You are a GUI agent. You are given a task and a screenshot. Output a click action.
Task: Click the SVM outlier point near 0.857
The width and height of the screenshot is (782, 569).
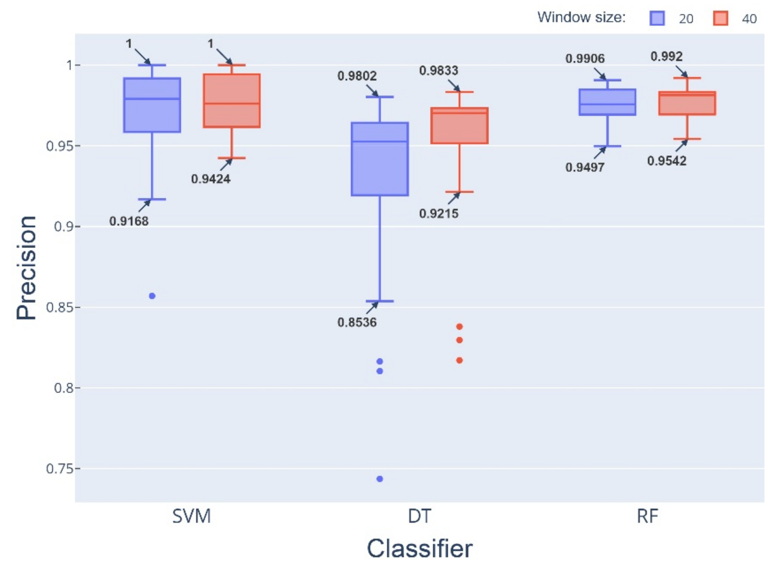click(152, 296)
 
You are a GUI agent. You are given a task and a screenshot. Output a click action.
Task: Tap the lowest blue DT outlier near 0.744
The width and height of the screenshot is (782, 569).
click(380, 479)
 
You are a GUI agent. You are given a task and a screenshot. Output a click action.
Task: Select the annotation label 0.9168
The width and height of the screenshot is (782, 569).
click(129, 221)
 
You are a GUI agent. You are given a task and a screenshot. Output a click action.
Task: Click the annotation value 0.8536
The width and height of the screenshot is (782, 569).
click(357, 322)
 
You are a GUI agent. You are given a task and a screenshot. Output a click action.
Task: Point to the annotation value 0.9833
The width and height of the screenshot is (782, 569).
click(439, 71)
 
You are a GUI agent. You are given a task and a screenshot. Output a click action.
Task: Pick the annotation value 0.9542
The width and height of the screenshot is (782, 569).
click(666, 161)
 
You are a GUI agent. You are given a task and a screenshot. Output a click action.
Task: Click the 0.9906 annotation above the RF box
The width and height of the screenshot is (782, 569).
click(585, 59)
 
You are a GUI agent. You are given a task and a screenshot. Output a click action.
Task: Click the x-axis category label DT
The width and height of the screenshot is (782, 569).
click(419, 517)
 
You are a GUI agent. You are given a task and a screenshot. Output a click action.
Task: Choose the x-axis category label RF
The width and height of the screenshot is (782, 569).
click(647, 517)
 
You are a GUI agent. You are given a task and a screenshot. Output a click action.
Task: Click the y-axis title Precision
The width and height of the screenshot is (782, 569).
click(27, 268)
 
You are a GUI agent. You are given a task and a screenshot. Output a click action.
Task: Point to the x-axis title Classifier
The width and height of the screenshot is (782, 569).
click(419, 548)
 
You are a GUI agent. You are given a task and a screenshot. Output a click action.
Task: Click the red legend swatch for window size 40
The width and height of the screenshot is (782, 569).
click(720, 18)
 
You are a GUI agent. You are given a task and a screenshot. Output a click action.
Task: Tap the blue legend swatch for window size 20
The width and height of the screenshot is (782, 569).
click(657, 18)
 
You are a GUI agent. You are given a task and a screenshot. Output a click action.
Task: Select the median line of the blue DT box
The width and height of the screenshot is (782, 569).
click(380, 141)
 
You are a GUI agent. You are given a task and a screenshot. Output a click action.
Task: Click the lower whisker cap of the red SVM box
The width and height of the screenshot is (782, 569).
click(232, 158)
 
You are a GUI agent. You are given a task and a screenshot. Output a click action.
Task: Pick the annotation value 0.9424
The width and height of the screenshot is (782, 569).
click(211, 179)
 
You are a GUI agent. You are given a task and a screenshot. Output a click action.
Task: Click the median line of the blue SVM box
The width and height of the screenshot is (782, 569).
click(152, 99)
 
